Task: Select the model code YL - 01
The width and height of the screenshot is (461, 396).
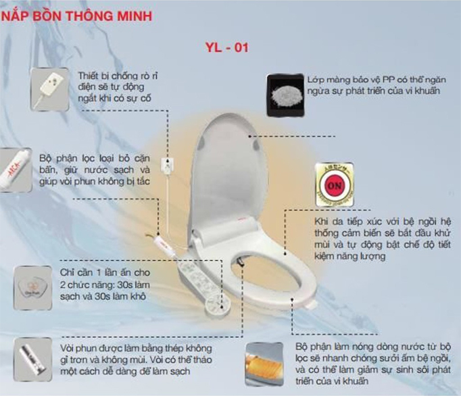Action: (x=228, y=49)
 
